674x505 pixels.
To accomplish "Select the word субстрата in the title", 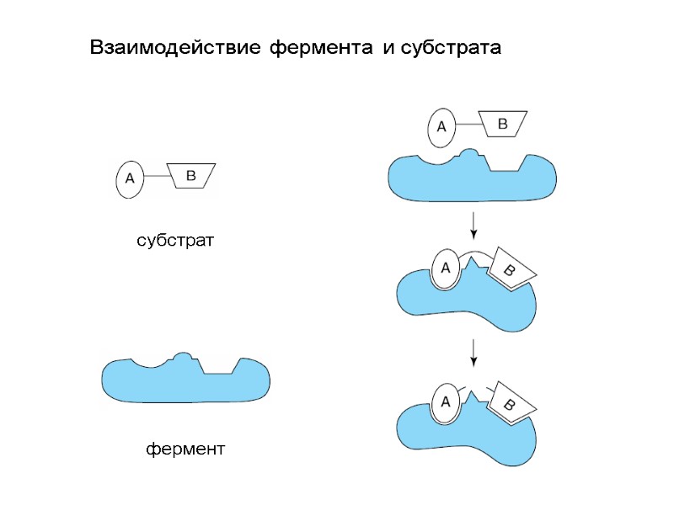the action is coord(449,48).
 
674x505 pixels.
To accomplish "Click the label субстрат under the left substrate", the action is coord(176,241).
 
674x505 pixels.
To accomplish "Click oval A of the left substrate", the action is coord(129,178).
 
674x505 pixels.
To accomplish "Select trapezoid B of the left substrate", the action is coord(190,176).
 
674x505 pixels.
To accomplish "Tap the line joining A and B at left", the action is coord(156,176).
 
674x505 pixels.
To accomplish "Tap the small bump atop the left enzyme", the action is coord(181,358).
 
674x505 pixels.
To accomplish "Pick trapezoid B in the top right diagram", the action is coord(502,124).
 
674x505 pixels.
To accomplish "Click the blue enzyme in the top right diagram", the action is coord(472,179).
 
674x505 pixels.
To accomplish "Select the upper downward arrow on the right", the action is coord(474,225).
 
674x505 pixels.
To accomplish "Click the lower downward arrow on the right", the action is coord(474,351).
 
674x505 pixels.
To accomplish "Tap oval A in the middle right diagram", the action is coord(446,268).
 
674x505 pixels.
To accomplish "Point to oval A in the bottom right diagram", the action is coord(446,403).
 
